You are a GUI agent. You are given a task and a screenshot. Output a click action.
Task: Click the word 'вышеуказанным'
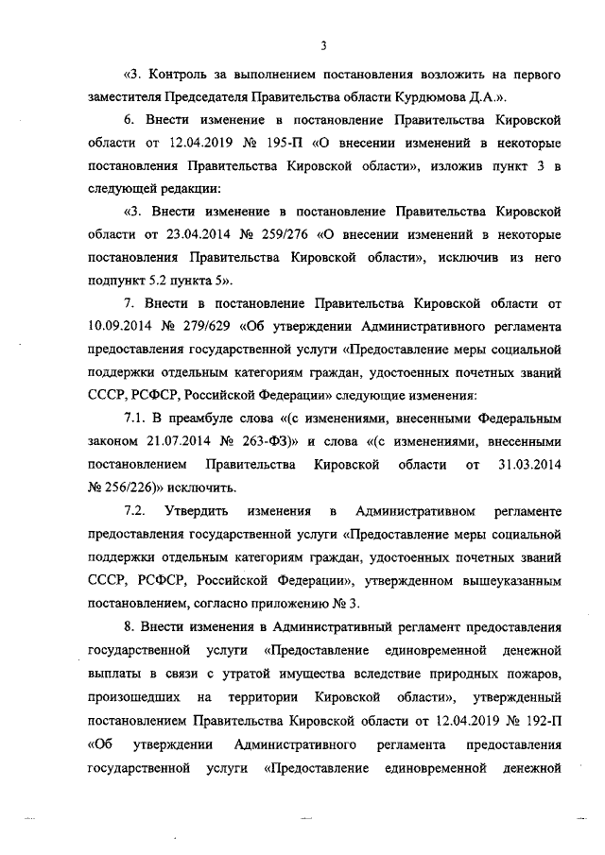click(x=511, y=579)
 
